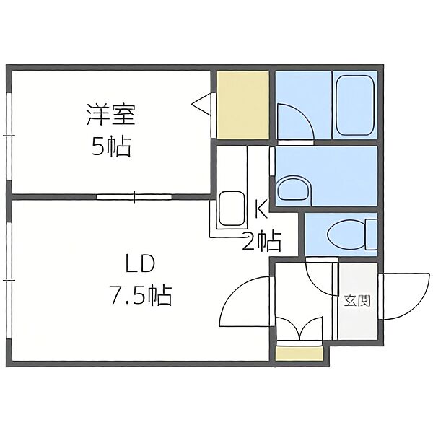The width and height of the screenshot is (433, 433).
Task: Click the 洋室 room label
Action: pos(111,114)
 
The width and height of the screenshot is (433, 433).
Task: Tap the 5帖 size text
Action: pos(111,146)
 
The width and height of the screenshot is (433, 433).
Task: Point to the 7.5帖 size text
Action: pos(141,295)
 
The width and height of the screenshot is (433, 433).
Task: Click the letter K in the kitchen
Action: pos(261,209)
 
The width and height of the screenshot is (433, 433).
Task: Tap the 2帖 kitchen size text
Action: pos(262,241)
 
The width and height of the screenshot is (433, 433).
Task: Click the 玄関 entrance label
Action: pos(357,301)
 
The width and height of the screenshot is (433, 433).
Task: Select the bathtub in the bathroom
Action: pos(355,105)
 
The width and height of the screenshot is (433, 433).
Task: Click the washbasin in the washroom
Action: pos(294,188)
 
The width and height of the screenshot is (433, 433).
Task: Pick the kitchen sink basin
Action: pos(232,209)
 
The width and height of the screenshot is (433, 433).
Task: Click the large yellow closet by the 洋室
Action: pos(242,105)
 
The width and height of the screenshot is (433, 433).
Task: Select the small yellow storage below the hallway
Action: pos(299,354)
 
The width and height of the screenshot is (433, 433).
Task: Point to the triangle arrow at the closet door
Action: pos(201,104)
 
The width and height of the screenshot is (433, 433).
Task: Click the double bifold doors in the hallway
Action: pos(299,328)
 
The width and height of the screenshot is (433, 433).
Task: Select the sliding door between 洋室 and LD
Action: pos(134,197)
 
